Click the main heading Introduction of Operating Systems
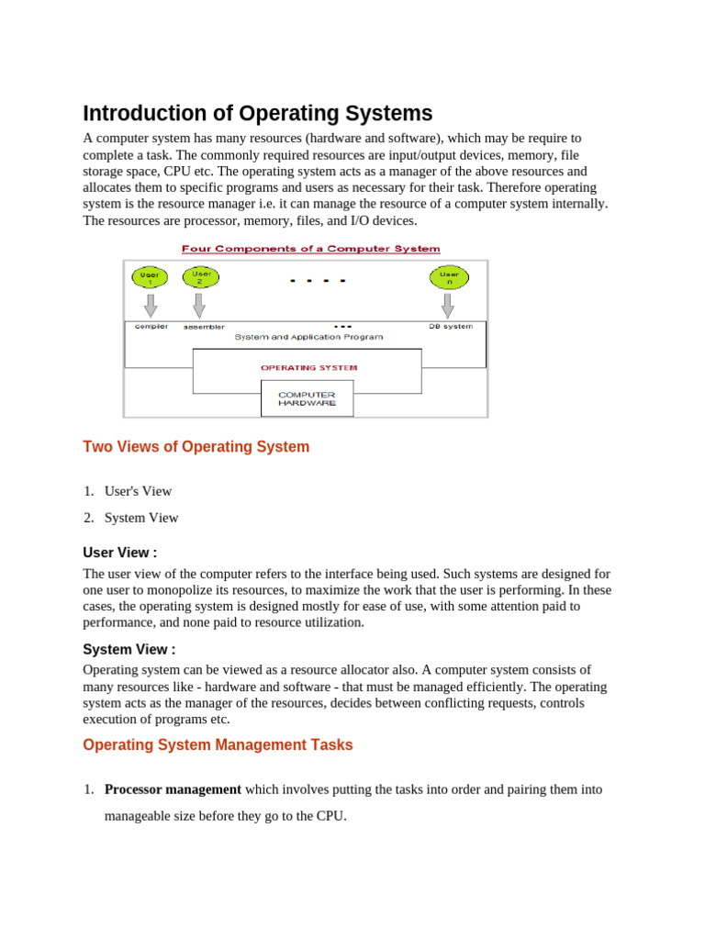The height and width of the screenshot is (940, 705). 257,114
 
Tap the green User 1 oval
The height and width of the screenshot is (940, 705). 150,276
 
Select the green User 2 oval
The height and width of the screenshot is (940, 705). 201,275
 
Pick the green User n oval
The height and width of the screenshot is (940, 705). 449,276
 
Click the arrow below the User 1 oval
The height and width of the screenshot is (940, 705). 151,305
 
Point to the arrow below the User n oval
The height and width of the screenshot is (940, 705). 448,305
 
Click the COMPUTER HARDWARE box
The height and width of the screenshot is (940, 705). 307,398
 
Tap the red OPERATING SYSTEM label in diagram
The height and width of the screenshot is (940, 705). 308,367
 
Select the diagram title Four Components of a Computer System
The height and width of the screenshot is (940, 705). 310,249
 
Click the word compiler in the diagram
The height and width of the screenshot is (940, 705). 151,326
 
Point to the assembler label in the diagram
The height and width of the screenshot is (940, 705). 204,327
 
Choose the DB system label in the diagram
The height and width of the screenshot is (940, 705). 451,326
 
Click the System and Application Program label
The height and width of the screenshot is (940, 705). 308,337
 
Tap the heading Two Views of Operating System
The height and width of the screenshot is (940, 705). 196,447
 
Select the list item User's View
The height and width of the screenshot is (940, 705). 138,491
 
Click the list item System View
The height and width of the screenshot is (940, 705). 141,518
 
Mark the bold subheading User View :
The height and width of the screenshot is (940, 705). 119,553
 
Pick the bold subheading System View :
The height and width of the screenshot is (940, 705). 129,650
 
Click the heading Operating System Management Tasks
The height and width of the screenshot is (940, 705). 218,745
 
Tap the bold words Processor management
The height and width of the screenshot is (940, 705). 173,789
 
